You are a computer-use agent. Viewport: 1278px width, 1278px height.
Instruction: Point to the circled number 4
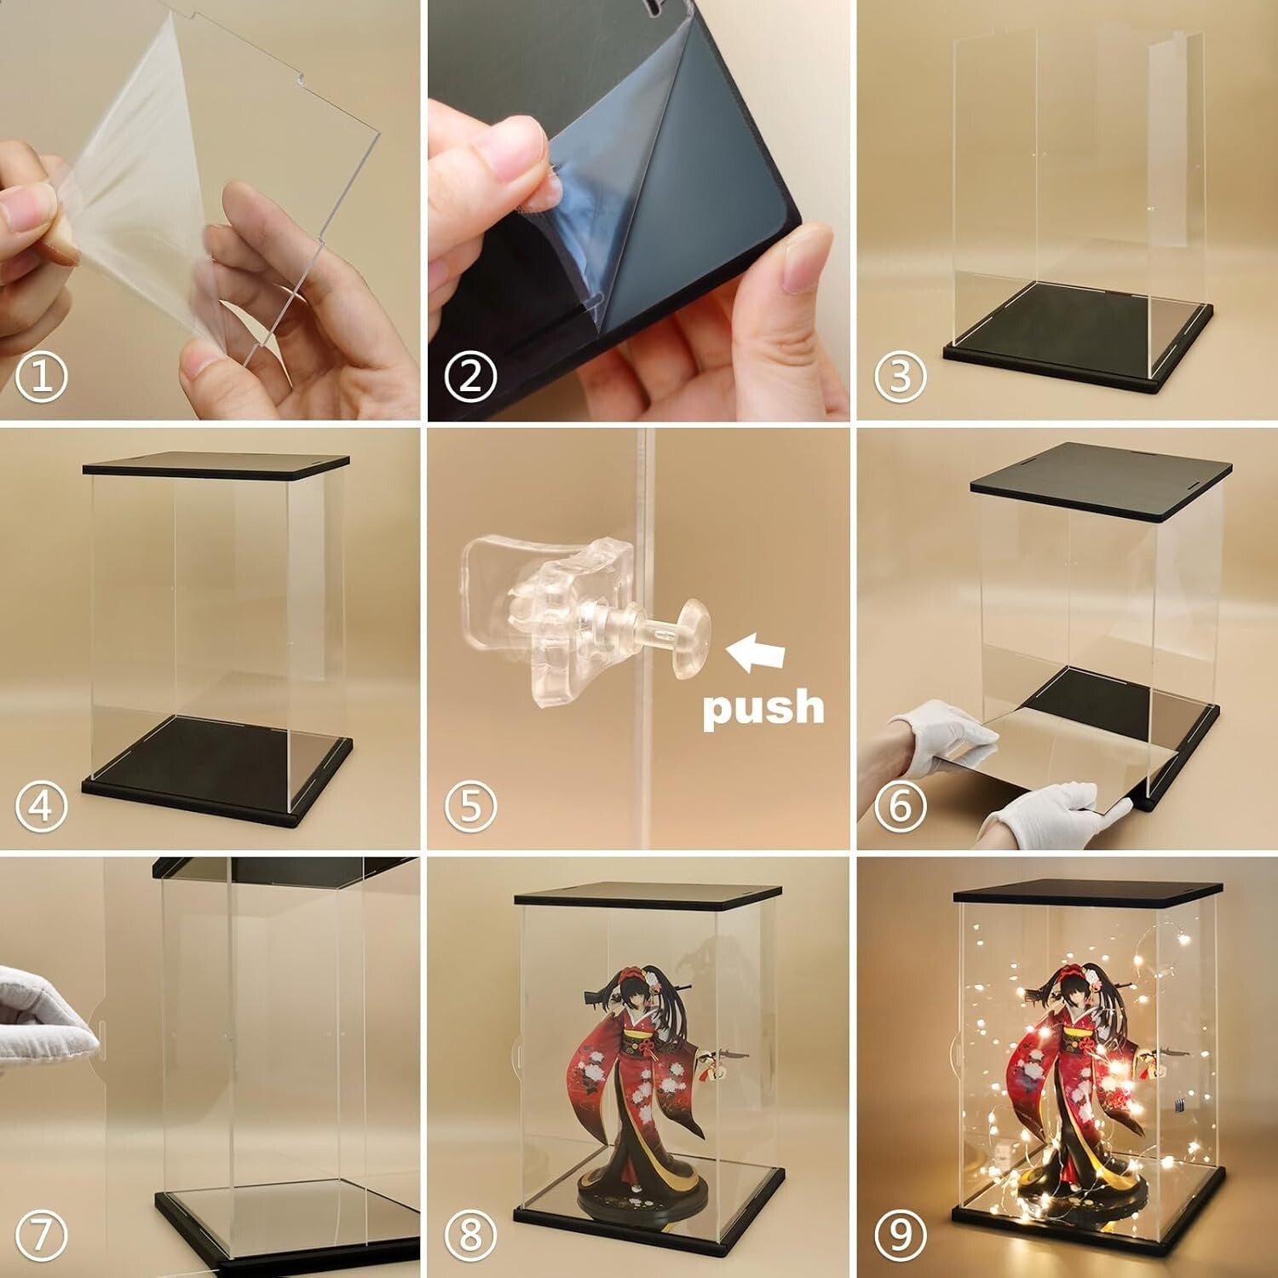coord(41,805)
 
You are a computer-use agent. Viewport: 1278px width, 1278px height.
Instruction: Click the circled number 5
coord(470,805)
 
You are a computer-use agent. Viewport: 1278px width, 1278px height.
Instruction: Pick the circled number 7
coord(41,1234)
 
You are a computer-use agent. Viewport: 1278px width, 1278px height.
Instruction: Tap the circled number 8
coord(470,1234)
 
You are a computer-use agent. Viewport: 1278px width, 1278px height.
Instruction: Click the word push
coord(763,708)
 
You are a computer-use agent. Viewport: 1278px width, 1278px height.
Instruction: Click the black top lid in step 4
coord(216,465)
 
